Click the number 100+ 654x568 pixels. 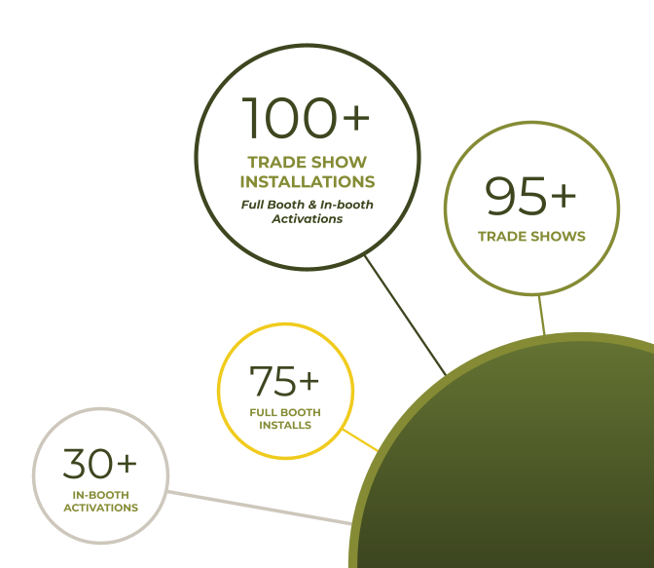[x=306, y=118]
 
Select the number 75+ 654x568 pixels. [x=284, y=382]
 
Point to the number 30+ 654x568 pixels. [x=100, y=465]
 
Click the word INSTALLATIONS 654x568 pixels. [x=308, y=182]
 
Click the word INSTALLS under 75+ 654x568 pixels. [x=285, y=425]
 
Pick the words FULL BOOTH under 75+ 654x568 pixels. [x=285, y=413]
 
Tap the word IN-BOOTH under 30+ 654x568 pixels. [x=101, y=496]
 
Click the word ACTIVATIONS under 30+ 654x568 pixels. [x=101, y=508]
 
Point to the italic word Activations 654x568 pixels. [x=307, y=219]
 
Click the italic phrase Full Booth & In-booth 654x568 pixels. [x=308, y=205]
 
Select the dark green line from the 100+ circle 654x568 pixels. [x=405, y=316]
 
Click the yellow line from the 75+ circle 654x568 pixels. [x=362, y=441]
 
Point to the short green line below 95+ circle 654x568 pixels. [x=542, y=314]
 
